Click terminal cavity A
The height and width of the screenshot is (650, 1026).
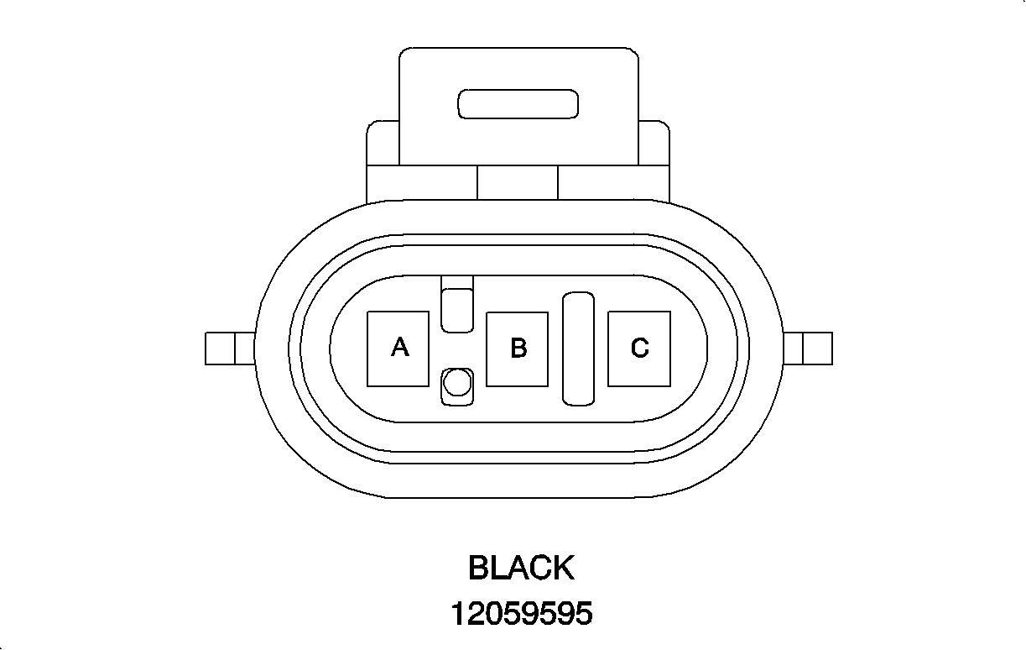pos(399,349)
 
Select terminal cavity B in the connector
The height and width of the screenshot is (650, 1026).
pos(518,349)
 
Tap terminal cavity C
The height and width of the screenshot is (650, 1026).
pos(639,349)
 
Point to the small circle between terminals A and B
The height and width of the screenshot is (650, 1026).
pos(456,385)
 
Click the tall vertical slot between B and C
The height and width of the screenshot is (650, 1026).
pos(578,349)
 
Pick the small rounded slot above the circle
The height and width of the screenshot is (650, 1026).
pos(457,309)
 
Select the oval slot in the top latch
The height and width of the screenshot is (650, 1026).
pos(518,104)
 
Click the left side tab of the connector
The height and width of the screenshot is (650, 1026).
pos(229,349)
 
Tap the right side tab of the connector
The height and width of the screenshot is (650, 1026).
pos(808,349)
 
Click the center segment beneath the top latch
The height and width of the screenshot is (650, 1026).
pos(518,182)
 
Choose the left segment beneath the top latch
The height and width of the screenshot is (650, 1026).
pos(421,182)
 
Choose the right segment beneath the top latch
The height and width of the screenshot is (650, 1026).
pos(613,182)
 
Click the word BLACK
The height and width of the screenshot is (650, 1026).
pos(521,568)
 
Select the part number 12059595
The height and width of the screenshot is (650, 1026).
pos(521,614)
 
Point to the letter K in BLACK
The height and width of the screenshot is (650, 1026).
pos(562,568)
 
